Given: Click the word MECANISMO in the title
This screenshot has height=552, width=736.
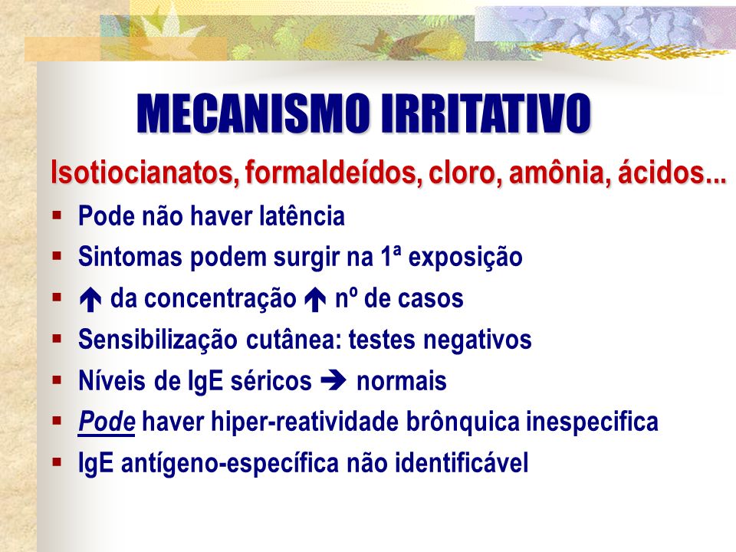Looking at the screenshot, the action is [x=253, y=113].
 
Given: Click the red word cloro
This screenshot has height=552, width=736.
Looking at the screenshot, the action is [x=465, y=172].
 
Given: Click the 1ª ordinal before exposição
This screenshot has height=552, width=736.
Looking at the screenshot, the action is [x=391, y=257].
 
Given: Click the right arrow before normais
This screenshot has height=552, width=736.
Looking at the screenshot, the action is [x=333, y=381].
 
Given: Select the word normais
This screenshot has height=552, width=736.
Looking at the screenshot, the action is [x=401, y=381].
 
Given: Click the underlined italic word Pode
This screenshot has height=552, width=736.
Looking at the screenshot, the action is [x=107, y=422].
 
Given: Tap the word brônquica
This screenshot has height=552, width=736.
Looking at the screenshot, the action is [x=463, y=422].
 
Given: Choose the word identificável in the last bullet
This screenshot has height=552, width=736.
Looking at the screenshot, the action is [x=462, y=462].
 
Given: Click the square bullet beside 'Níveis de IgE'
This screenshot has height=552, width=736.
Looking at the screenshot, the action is [x=58, y=379].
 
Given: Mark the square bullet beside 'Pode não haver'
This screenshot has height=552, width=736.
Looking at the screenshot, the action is [x=58, y=215].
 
